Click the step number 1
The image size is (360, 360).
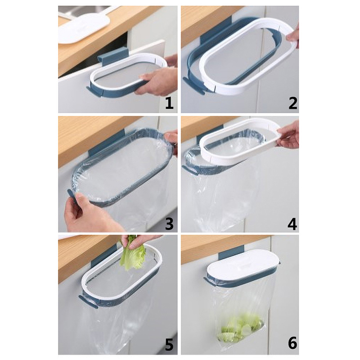169,103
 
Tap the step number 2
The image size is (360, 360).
293,103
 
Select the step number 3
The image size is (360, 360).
169,224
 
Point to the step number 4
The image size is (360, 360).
292,224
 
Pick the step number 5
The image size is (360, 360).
169,343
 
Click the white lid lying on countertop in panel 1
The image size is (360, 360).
84,27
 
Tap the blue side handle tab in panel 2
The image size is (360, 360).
193,85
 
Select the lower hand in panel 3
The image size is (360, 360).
90,213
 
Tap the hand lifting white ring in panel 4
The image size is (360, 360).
288,135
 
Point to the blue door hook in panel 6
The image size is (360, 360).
230,252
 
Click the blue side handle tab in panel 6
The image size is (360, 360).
210,282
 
